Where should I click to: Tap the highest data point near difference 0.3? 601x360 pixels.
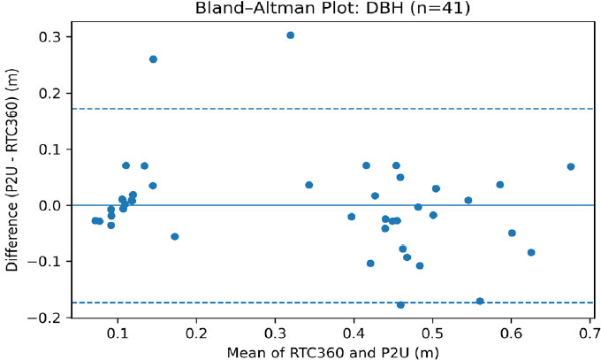click(x=290, y=35)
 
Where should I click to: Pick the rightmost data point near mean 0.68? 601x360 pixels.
click(x=571, y=166)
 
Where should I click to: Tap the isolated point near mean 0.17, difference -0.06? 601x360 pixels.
click(x=174, y=236)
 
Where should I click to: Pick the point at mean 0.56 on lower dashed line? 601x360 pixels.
click(x=480, y=301)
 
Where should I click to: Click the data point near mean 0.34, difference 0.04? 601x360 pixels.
click(x=308, y=185)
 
